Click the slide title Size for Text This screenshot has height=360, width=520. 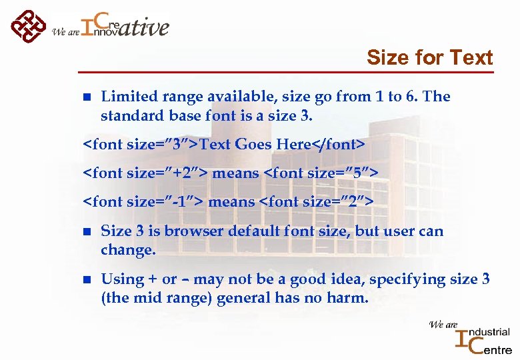click(x=429, y=58)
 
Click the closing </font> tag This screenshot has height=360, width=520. click(x=339, y=145)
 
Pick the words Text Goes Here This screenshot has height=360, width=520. click(x=255, y=145)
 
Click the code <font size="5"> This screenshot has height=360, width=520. click(x=321, y=173)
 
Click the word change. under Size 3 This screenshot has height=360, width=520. click(x=128, y=250)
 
